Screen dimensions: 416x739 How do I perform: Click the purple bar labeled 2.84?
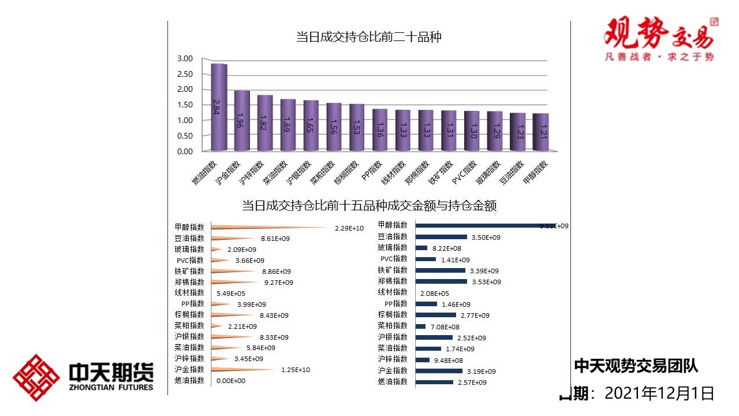[x=219, y=107]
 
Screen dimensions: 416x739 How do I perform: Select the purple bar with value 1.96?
[x=242, y=121]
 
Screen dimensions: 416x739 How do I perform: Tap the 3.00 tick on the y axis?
[x=185, y=58]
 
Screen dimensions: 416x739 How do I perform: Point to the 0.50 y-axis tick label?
[x=185, y=136]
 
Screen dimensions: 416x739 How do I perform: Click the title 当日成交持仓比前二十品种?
[x=369, y=38]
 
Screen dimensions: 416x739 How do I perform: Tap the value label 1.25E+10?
[x=296, y=370]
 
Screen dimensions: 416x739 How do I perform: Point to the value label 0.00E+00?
[x=231, y=381]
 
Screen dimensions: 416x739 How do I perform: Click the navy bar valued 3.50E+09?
[x=441, y=237]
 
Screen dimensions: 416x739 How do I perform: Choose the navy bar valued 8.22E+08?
[x=421, y=248]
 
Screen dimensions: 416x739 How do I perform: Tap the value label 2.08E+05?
[x=435, y=294]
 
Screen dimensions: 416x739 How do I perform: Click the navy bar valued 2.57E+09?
[x=434, y=382]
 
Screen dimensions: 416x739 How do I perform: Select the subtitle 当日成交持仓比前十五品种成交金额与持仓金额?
[x=369, y=206]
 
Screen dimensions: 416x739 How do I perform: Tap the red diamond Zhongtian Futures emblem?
[x=36, y=378]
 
